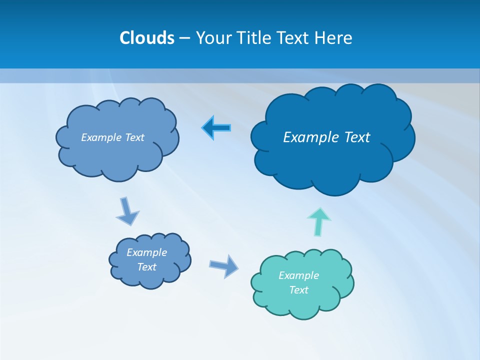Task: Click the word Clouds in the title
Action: (x=146, y=38)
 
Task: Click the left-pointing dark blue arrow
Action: (x=216, y=128)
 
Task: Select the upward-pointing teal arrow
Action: (x=319, y=221)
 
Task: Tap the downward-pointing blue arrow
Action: (x=127, y=211)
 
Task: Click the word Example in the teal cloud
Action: (x=298, y=275)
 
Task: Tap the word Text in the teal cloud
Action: (x=298, y=290)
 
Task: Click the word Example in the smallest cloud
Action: (x=146, y=252)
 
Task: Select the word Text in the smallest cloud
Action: (x=146, y=267)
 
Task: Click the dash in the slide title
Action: (x=184, y=38)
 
